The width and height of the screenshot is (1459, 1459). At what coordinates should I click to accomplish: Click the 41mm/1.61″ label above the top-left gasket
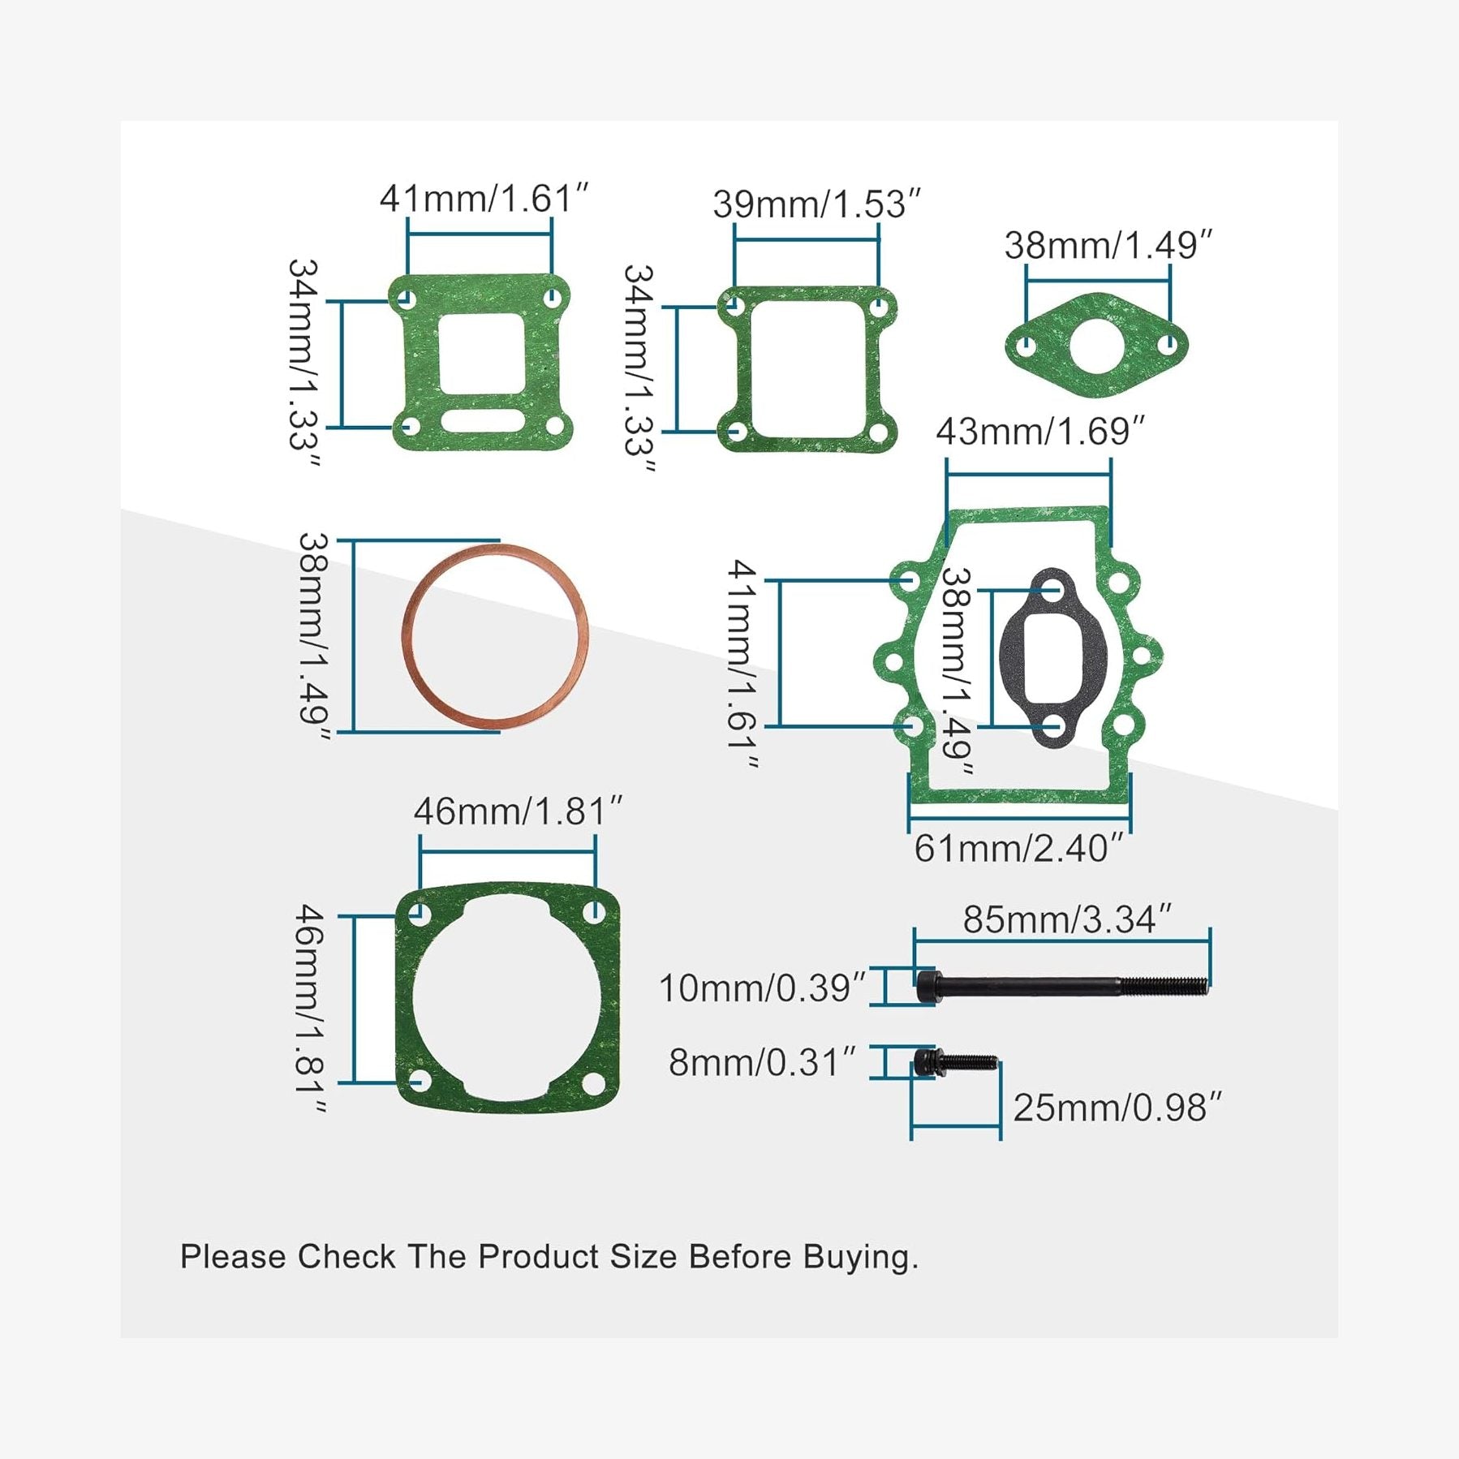point(484,199)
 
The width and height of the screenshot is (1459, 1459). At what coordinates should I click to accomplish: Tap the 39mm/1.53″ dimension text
point(816,204)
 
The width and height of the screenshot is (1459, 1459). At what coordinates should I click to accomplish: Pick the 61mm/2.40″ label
point(1018,849)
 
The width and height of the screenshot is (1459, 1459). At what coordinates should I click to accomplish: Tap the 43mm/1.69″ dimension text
point(1039,432)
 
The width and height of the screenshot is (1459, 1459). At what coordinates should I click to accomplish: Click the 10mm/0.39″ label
point(761,988)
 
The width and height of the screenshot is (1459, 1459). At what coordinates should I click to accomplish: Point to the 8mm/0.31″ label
point(761,1062)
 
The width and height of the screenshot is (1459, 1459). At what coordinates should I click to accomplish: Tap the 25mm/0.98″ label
point(1117,1108)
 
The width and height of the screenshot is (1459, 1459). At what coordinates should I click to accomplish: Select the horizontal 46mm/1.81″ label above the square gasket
point(518,811)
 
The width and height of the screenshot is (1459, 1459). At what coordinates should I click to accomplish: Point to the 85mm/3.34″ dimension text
point(1067,919)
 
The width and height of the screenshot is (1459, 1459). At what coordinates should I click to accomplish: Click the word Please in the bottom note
point(232,1257)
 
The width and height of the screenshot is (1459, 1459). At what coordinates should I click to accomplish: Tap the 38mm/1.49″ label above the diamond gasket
point(1108,246)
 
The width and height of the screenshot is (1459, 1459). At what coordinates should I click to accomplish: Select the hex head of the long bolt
point(927,988)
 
